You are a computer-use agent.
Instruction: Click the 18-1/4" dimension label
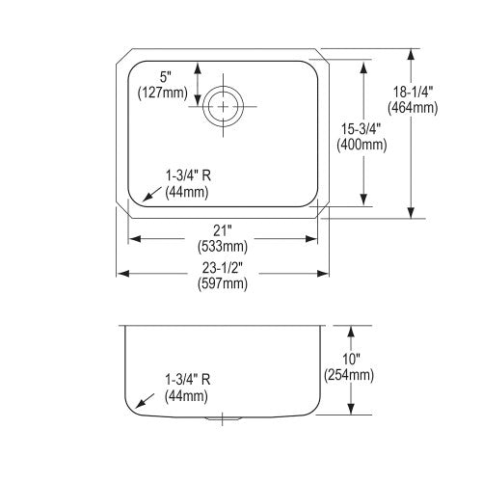(414, 93)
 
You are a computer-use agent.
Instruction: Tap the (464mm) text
(413, 108)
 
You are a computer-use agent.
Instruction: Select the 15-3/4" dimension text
(361, 129)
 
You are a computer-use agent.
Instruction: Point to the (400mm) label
(361, 145)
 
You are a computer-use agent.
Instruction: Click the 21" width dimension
(223, 230)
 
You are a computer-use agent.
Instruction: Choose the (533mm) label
(223, 246)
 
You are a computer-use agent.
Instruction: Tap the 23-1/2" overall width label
(223, 267)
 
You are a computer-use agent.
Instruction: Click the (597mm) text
(223, 283)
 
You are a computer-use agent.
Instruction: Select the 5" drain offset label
(166, 77)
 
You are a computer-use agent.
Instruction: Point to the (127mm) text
(163, 94)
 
